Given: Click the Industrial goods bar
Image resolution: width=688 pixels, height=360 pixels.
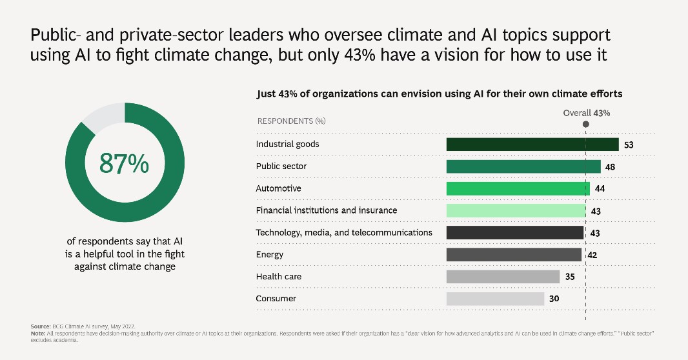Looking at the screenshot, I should pos(532,145).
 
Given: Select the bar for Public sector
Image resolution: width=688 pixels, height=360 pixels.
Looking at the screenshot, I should pos(523,166).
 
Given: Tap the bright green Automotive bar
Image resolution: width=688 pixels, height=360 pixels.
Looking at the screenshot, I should pos(518,188).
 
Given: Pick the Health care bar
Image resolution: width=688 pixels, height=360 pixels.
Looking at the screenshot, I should pos(503,277).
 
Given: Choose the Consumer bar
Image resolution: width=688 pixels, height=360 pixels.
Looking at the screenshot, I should pos(495,299).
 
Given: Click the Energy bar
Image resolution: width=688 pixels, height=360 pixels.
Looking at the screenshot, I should pos(514,255).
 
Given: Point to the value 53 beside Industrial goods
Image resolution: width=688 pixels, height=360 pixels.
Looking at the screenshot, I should pos(629,145).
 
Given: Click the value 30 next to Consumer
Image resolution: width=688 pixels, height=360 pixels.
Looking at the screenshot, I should pos(554,299).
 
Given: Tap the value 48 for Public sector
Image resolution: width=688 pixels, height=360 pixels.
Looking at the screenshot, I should pos(611,167).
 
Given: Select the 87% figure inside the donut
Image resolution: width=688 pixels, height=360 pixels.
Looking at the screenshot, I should pos(124,164).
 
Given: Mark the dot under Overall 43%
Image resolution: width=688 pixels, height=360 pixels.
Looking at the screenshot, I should pos(585,124).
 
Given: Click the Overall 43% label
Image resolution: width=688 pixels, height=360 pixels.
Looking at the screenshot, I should pos(586,112).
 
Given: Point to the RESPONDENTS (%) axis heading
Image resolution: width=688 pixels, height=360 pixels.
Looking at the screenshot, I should pos(291,121).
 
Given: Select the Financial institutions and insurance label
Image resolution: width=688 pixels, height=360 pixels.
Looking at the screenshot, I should pos(326,210).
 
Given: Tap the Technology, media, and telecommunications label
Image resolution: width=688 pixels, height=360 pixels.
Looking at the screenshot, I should pos(343,232).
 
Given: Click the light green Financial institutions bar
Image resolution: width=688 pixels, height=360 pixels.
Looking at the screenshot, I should pos(515,210).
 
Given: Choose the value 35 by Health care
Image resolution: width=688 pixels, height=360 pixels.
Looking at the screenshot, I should pos(569,277).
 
